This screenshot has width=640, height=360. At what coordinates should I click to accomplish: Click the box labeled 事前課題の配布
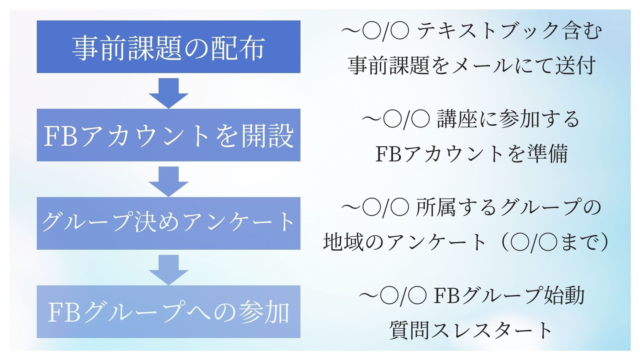click(x=168, y=47)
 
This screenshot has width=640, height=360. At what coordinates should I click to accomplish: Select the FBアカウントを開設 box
click(x=168, y=135)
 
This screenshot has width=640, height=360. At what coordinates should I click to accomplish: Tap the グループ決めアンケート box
click(x=168, y=223)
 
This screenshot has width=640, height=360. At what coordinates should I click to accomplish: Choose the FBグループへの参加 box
click(x=168, y=312)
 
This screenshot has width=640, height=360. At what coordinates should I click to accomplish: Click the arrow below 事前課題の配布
click(x=168, y=92)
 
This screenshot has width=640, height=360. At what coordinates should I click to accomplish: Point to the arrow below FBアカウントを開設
click(x=168, y=181)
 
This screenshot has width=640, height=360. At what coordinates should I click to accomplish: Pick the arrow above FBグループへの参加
click(x=168, y=269)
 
